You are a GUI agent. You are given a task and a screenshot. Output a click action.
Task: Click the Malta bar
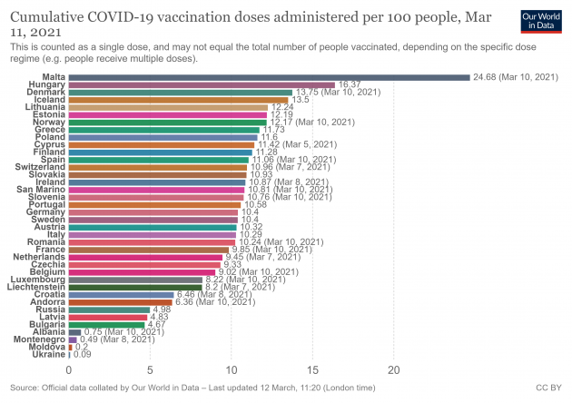pyautogui.click(x=269, y=77)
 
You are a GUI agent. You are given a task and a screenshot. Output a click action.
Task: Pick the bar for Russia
pyautogui.click(x=109, y=310)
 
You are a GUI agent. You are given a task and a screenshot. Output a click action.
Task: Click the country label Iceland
pyautogui.click(x=51, y=100)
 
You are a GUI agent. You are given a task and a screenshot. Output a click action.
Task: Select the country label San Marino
pyautogui.click(x=41, y=189)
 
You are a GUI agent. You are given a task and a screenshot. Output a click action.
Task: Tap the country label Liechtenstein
pyautogui.click(x=35, y=287)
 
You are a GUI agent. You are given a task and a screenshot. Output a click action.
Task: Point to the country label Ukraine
pyautogui.click(x=50, y=354)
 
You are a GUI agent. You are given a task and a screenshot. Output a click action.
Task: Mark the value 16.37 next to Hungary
pyautogui.click(x=350, y=84)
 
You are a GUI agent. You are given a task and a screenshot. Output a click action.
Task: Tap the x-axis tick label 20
pyautogui.click(x=394, y=369)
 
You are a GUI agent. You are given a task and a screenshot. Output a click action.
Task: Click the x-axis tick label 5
pyautogui.click(x=150, y=369)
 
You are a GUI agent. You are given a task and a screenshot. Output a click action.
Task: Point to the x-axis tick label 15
pyautogui.click(x=312, y=369)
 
